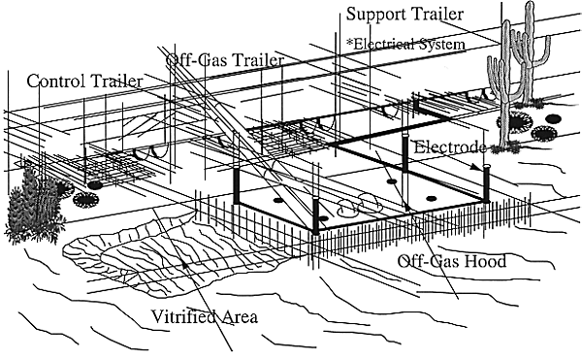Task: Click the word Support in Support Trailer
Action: [x=375, y=15]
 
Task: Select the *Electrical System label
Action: [x=405, y=45]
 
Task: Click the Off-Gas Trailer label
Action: [x=225, y=60]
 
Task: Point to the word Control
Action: [x=56, y=81]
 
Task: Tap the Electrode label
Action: [x=449, y=147]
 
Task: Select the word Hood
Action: [x=486, y=261]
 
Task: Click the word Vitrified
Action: [x=183, y=317]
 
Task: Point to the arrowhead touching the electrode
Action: [x=473, y=167]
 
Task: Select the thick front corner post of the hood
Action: [x=315, y=215]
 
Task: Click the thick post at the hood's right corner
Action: [x=486, y=183]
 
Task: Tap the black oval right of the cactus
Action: [x=553, y=118]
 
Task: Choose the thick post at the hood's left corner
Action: [x=236, y=185]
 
